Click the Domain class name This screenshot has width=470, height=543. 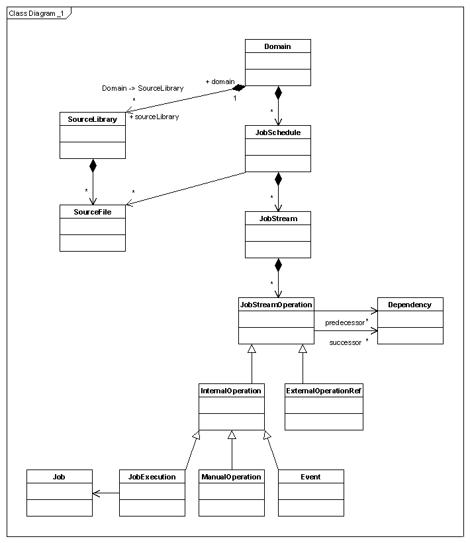(x=277, y=46)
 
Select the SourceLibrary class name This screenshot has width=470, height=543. (x=92, y=119)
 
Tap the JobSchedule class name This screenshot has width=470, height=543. (x=277, y=132)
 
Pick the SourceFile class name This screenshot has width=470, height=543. (x=92, y=212)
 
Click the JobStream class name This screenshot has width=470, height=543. (x=277, y=218)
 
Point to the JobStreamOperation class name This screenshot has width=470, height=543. (x=275, y=305)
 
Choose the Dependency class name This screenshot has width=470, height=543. (x=410, y=305)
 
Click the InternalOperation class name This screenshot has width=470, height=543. (x=231, y=391)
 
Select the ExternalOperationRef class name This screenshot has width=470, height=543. (x=324, y=391)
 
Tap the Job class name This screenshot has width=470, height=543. (x=59, y=477)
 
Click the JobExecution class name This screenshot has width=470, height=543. (x=152, y=477)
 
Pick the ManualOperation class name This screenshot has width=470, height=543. (x=231, y=477)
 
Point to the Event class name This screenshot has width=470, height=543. (x=310, y=477)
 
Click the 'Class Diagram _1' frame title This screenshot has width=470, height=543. (x=36, y=13)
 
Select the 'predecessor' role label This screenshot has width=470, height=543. (x=344, y=323)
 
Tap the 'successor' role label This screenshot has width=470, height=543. (x=346, y=342)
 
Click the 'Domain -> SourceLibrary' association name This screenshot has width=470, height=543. (x=142, y=88)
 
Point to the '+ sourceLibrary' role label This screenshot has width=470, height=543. (x=154, y=117)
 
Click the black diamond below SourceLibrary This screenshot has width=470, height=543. (x=93, y=166)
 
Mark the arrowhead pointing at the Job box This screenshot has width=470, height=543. (x=97, y=493)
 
